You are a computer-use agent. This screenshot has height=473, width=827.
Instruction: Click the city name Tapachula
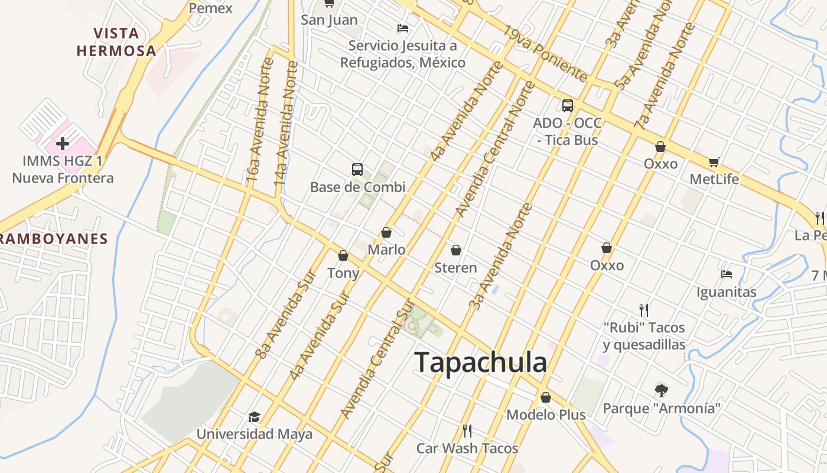[x=481, y=362]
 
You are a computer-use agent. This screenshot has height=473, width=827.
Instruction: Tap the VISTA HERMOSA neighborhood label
[x=116, y=41]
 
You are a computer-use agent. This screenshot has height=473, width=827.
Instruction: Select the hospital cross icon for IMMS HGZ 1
[x=62, y=143]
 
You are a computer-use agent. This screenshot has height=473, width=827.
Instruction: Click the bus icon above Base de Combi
[x=357, y=170]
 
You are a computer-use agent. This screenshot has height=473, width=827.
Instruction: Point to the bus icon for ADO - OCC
[x=567, y=105]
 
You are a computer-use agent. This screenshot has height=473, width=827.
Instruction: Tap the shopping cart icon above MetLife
[x=714, y=162]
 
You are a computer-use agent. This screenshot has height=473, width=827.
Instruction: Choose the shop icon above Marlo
[x=386, y=232]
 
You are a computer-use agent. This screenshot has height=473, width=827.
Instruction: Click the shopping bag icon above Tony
[x=343, y=255]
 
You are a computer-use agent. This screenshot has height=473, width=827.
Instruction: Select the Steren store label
[x=455, y=268]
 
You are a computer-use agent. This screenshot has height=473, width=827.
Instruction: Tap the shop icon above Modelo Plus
[x=546, y=397]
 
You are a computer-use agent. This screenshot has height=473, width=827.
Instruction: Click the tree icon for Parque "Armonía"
[x=662, y=390]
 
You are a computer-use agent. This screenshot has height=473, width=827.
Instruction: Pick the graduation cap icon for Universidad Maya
[x=254, y=417]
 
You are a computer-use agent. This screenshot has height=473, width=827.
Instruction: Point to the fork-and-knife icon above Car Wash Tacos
[x=467, y=430]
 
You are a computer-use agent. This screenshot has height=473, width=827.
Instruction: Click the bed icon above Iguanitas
[x=727, y=274]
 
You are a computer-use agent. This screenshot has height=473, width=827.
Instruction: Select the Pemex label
[x=211, y=8]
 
